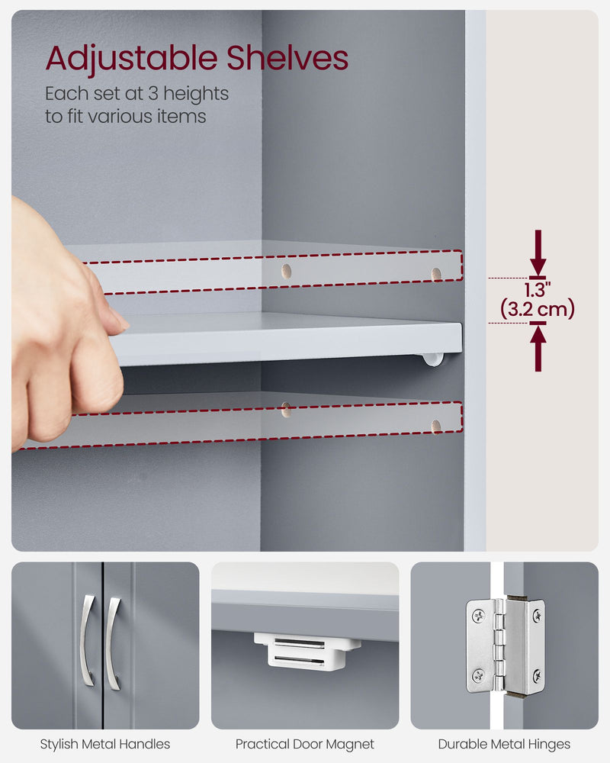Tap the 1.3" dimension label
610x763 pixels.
pyautogui.click(x=538, y=290)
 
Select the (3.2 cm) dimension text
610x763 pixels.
pyautogui.click(x=538, y=309)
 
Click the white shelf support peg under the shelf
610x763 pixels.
pyautogui.click(x=433, y=358)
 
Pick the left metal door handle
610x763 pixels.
pyautogui.click(x=87, y=641)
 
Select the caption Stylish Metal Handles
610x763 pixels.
pyautogui.click(x=105, y=744)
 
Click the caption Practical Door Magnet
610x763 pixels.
pyautogui.click(x=305, y=744)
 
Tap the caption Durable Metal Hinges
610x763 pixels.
pyautogui.click(x=504, y=744)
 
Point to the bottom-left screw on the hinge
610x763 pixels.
pyautogui.click(x=478, y=675)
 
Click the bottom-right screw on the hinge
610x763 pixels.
pyautogui.click(x=537, y=675)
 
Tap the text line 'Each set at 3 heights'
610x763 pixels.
pyautogui.click(x=137, y=94)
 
